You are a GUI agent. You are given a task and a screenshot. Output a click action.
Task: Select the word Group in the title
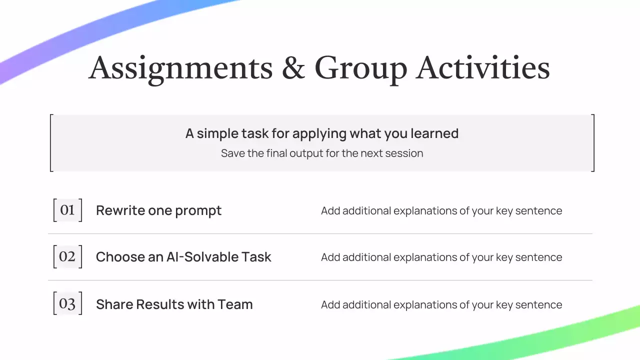click(x=361, y=70)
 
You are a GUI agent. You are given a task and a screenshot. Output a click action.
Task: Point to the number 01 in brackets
click(x=67, y=210)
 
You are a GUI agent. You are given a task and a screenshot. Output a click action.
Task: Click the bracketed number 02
click(x=67, y=256)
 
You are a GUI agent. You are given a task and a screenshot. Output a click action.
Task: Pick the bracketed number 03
click(x=67, y=303)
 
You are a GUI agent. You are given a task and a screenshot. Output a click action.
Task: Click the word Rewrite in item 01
click(x=120, y=210)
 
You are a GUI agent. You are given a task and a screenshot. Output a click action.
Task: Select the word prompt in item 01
click(x=198, y=211)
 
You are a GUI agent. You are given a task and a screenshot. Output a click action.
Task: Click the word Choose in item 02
click(x=120, y=257)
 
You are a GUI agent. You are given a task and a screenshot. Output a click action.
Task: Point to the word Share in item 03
click(x=114, y=304)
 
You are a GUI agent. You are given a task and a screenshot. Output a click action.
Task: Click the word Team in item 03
click(x=235, y=304)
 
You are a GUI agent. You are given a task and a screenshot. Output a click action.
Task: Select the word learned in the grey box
click(x=434, y=133)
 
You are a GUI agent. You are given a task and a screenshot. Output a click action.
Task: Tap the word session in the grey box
click(x=404, y=153)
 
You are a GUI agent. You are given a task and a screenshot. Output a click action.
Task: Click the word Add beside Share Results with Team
click(x=330, y=304)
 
